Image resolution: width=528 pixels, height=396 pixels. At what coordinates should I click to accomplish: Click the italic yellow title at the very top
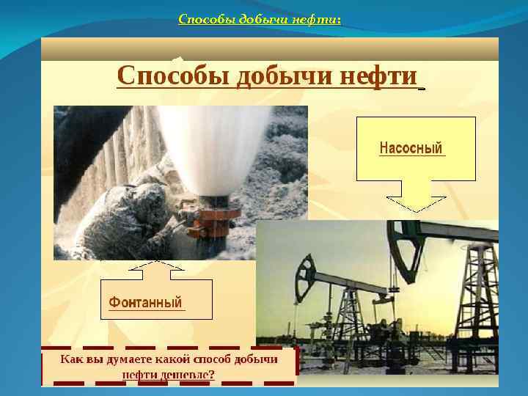coord(260,20)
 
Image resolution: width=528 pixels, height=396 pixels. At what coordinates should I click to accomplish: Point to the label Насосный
coord(411,148)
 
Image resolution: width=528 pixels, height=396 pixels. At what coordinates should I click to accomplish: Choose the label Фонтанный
coord(145,302)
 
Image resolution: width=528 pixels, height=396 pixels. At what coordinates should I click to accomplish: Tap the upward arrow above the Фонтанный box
coord(155,270)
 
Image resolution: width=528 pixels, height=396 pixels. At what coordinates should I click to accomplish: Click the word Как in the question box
coord(72,359)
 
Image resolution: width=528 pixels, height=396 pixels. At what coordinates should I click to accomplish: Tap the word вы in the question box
coord(95,359)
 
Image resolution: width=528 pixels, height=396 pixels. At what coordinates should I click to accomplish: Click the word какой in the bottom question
coord(172,359)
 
